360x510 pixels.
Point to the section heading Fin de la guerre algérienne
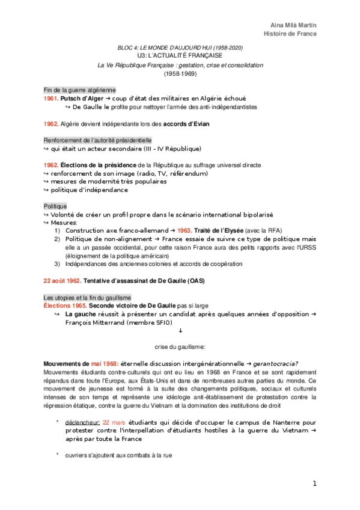point(79,90)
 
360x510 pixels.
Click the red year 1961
point(51,98)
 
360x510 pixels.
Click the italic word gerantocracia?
point(276,364)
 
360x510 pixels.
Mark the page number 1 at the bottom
point(314,484)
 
